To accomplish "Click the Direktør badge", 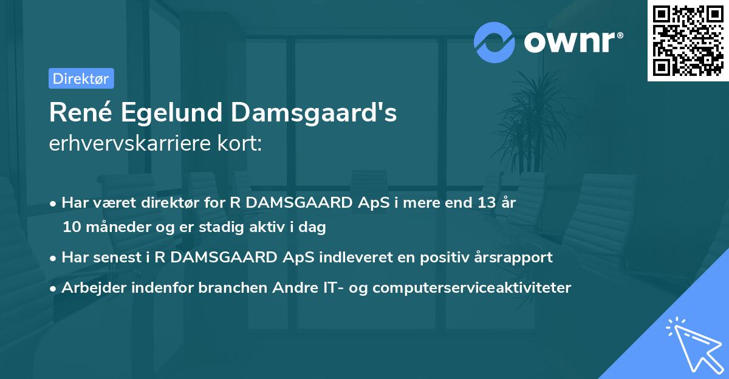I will (81, 78).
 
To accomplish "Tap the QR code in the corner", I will (688, 41).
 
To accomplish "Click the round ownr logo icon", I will (495, 42).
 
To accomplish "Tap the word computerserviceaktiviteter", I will (472, 287).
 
